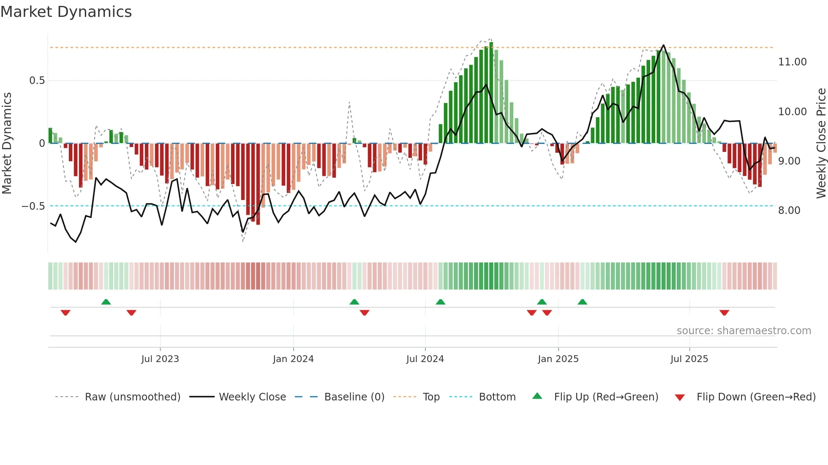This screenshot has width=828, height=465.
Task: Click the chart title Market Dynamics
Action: pyautogui.click(x=66, y=12)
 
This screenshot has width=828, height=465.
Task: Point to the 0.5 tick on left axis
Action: pyautogui.click(x=37, y=81)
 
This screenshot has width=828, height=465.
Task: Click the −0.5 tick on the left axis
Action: pyautogui.click(x=33, y=206)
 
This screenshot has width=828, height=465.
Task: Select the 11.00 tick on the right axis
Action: pyautogui.click(x=792, y=62)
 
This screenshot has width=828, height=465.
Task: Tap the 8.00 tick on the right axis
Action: pyautogui.click(x=789, y=211)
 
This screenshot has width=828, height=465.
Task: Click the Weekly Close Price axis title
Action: pyautogui.click(x=821, y=143)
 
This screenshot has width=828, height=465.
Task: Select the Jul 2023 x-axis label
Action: pyautogui.click(x=160, y=359)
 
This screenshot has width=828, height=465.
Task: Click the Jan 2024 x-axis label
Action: pyautogui.click(x=293, y=359)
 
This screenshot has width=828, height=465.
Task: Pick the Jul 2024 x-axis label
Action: pyautogui.click(x=425, y=359)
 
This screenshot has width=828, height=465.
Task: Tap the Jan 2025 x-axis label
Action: pyautogui.click(x=558, y=359)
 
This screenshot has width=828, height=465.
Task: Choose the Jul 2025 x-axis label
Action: pyautogui.click(x=689, y=359)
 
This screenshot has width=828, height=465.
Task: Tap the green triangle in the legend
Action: pyautogui.click(x=537, y=396)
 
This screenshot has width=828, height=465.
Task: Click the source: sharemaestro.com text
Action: pyautogui.click(x=744, y=331)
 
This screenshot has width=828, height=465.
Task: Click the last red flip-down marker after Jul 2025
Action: pyautogui.click(x=724, y=313)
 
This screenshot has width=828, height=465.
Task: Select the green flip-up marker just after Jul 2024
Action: pyautogui.click(x=440, y=302)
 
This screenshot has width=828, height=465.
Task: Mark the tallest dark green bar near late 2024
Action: pyautogui.click(x=491, y=93)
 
